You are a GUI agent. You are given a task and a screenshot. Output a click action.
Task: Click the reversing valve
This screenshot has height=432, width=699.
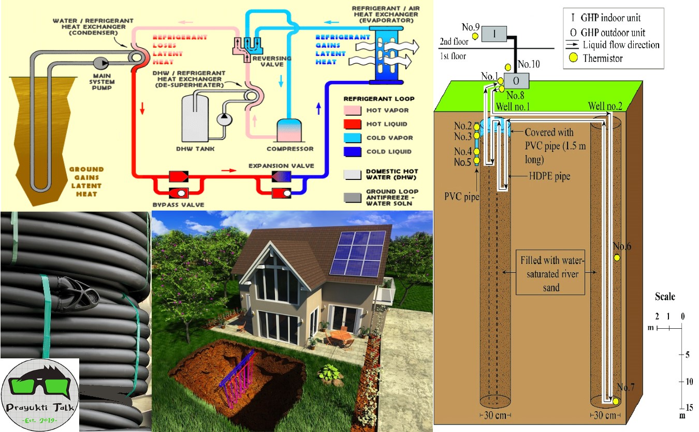click(246, 46)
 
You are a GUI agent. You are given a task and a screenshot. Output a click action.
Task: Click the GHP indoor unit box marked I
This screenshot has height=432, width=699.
click(494, 34)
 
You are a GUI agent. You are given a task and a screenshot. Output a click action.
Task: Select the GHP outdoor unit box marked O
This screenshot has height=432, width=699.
click(517, 81)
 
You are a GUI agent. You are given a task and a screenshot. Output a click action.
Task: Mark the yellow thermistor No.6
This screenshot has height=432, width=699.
click(617, 258)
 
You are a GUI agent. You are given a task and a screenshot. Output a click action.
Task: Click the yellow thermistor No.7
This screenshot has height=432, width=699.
click(615, 401)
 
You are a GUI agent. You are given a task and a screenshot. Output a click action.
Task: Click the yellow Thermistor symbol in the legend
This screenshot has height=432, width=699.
click(573, 59)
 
